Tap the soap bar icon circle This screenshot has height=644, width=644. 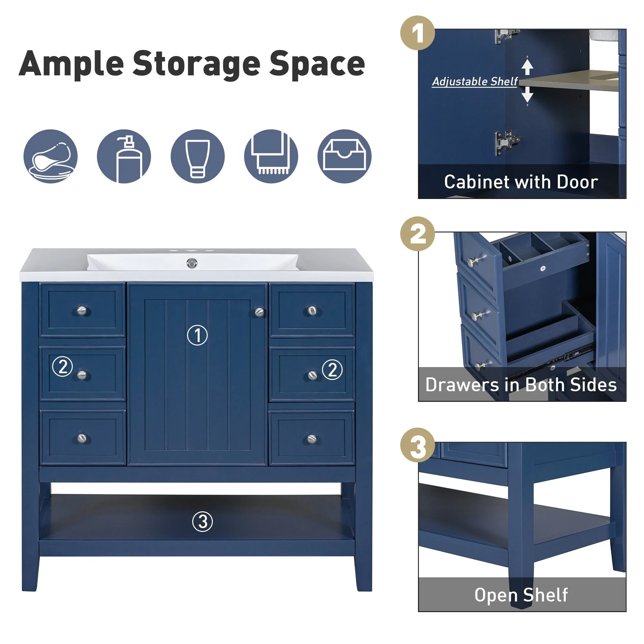click(51, 156)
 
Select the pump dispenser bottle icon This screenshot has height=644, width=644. click(124, 156)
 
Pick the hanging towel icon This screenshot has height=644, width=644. click(271, 156)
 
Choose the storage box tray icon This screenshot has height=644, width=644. click(344, 156)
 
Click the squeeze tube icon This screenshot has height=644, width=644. click(198, 156)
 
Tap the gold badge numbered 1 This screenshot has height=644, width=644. click(417, 33)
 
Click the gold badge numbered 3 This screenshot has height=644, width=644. click(417, 445)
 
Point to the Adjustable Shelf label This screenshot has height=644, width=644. click(475, 81)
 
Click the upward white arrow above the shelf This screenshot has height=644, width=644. click(527, 67)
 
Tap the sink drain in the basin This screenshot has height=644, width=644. click(192, 263)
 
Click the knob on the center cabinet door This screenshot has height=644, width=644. click(259, 312)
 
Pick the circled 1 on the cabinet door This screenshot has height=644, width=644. click(197, 335)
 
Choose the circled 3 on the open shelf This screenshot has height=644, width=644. click(202, 522)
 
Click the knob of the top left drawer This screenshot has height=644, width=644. click(82, 311)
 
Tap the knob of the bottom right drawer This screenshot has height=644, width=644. click(312, 439)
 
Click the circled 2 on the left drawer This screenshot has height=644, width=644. click(63, 366)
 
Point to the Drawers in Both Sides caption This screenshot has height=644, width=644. click(521, 385)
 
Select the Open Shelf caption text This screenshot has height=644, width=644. click(521, 595)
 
